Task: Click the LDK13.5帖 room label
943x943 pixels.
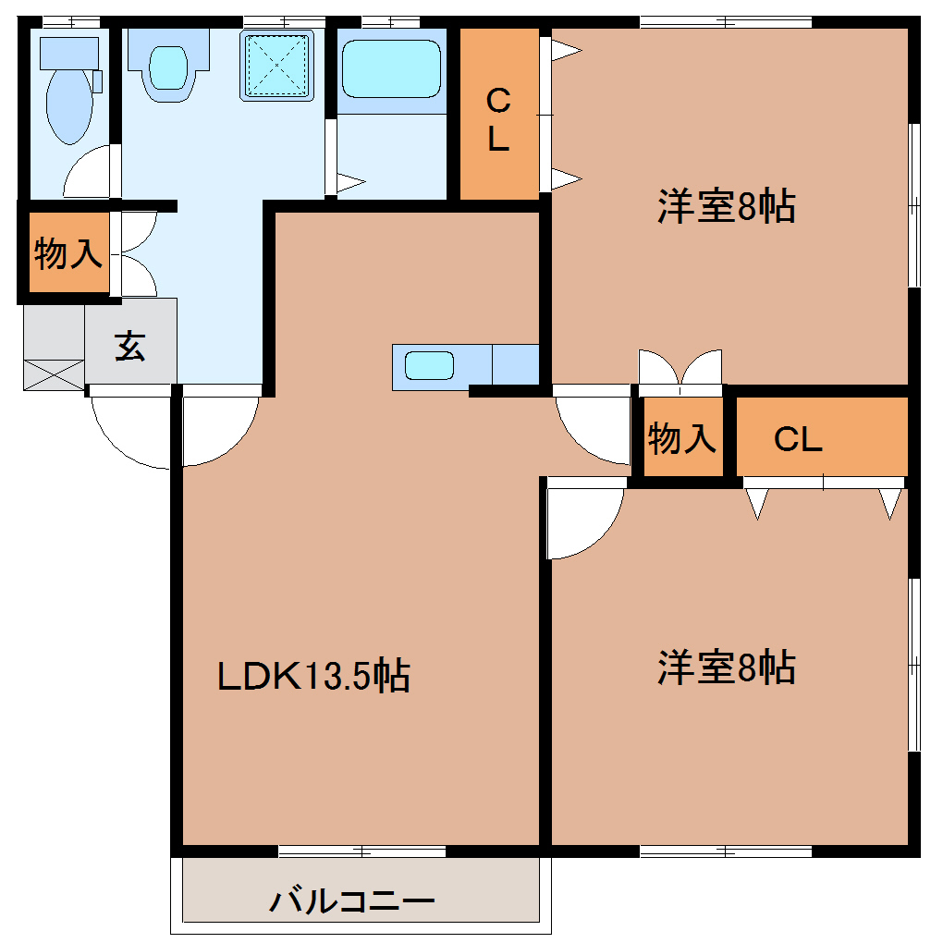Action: (x=313, y=676)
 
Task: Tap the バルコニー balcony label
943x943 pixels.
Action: (x=352, y=900)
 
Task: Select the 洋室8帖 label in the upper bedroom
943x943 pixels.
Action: (x=727, y=206)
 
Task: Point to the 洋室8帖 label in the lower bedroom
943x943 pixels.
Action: (x=727, y=667)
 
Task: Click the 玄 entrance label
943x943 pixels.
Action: (x=130, y=346)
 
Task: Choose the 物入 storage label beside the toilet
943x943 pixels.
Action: (x=68, y=253)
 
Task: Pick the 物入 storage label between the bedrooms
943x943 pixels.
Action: (x=682, y=437)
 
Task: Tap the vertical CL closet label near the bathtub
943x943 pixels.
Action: (x=498, y=119)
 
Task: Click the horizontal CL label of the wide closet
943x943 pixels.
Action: (x=798, y=439)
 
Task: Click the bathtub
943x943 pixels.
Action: (x=391, y=68)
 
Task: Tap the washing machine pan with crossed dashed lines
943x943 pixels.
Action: (x=276, y=65)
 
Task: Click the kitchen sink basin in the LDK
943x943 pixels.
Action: (x=429, y=366)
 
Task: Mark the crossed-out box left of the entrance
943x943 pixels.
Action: (x=54, y=374)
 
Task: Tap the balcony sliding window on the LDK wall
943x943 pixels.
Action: (x=362, y=851)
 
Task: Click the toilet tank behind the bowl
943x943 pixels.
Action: (x=69, y=54)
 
